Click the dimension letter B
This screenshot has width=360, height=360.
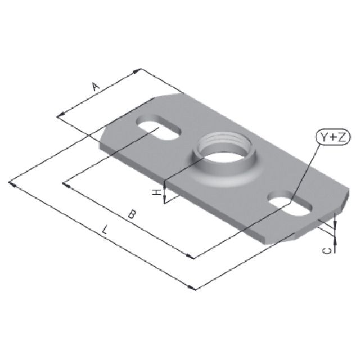[x=131, y=214]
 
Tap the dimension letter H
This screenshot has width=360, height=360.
[x=157, y=193]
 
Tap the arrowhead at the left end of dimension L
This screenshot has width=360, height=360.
[x=12, y=183]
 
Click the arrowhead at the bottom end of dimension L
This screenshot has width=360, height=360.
[x=193, y=288]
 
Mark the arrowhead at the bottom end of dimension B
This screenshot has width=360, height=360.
[x=191, y=257]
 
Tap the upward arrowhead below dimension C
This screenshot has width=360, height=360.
[x=335, y=241]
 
